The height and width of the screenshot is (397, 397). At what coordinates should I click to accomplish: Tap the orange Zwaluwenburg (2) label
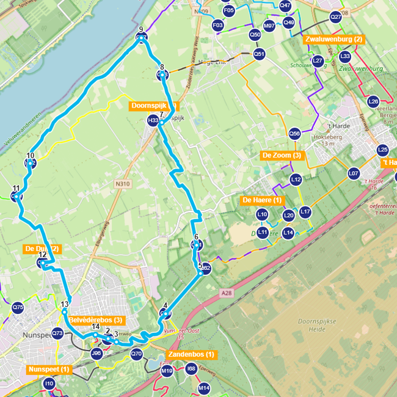[333, 40]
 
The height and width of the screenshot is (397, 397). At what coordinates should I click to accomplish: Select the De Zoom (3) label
[282, 155]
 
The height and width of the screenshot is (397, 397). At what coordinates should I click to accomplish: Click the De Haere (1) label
[263, 200]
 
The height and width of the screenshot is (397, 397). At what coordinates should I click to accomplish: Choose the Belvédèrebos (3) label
[97, 320]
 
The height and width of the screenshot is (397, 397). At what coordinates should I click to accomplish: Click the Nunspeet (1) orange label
[49, 369]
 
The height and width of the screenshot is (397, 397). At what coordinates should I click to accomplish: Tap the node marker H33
[153, 122]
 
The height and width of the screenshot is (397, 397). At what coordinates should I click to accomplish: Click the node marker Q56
[294, 133]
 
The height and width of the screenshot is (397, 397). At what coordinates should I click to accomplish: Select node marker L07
[353, 173]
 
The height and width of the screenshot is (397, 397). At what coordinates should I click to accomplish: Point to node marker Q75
[18, 308]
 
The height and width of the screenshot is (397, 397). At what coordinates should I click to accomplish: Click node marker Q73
[57, 333]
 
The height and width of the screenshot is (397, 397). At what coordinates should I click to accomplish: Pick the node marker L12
[296, 180]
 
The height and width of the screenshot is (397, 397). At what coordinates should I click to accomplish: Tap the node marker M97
[269, 26]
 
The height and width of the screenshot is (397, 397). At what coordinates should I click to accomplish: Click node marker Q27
[335, 17]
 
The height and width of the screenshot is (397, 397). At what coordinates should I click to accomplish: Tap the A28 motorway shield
[227, 294]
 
